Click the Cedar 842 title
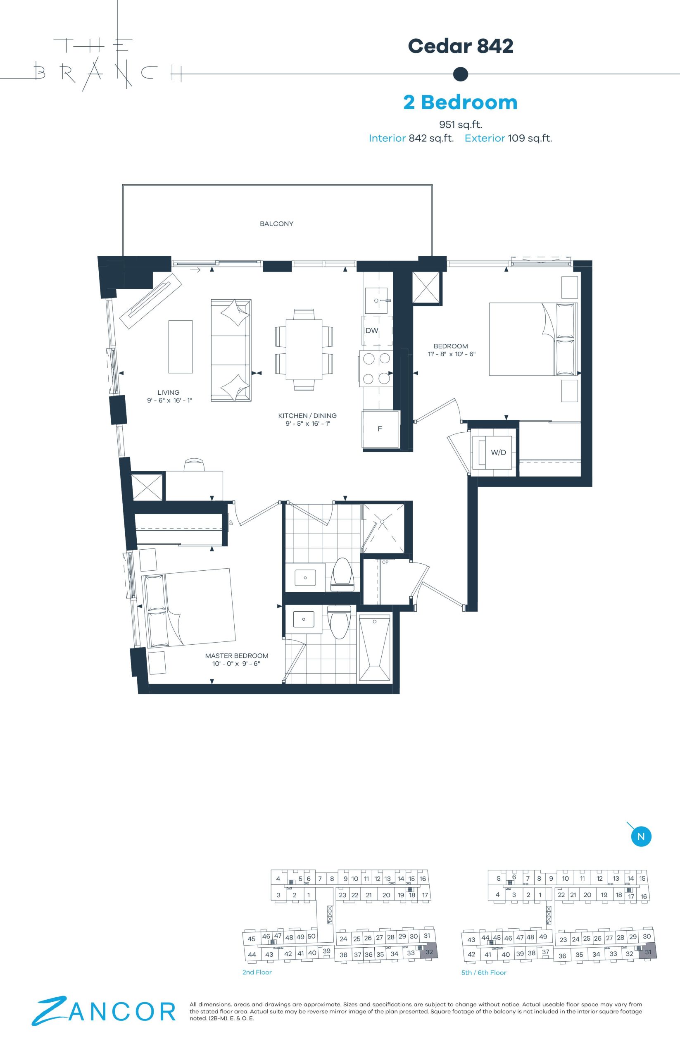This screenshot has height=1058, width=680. pyautogui.click(x=461, y=46)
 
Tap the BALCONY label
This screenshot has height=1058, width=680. pyautogui.click(x=276, y=224)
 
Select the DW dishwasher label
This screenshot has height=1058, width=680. pyautogui.click(x=372, y=331)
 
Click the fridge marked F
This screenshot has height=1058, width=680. pyautogui.click(x=380, y=429)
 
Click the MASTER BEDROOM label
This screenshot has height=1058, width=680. pyautogui.click(x=237, y=655)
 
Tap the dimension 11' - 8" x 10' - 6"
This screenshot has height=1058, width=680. pyautogui.click(x=451, y=354)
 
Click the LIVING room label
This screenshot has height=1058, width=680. pyautogui.click(x=169, y=392)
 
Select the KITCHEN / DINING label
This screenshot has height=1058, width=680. pyautogui.click(x=307, y=416)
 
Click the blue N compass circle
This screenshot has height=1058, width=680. pyautogui.click(x=641, y=836)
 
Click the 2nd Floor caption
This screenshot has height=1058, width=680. pyautogui.click(x=257, y=972)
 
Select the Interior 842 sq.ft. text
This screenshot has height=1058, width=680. pyautogui.click(x=411, y=138)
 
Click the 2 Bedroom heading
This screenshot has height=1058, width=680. pyautogui.click(x=461, y=102)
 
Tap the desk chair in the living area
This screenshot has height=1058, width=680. pyautogui.click(x=194, y=465)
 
